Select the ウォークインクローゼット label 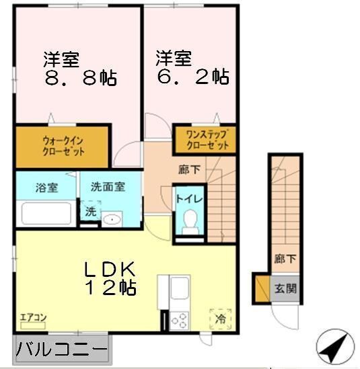point(63,147)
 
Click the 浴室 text point(46,188)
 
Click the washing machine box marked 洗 point(89,211)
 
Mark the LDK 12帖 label point(110,278)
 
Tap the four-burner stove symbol point(180,320)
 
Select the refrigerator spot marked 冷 point(220,318)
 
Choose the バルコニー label point(61,350)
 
